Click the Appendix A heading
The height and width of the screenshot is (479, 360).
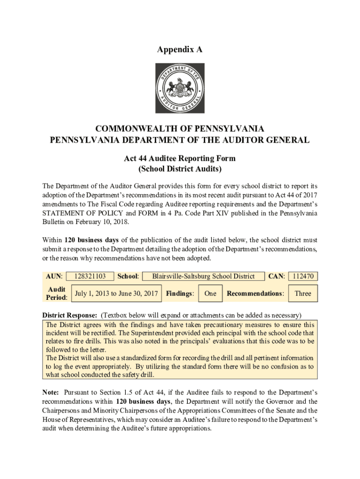(180, 49)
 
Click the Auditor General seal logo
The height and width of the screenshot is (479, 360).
(180, 88)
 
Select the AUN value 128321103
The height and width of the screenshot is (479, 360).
(90, 276)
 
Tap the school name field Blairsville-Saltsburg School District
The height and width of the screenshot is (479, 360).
(203, 276)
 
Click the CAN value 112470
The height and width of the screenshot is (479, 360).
(303, 276)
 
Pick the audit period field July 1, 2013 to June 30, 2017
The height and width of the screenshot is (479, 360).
(116, 294)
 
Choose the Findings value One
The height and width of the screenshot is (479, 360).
(210, 294)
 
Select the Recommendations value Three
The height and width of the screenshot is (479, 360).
(302, 294)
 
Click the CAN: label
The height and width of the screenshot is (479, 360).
(277, 276)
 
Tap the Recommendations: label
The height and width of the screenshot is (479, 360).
(255, 294)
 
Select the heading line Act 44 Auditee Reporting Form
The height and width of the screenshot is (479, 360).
(180, 159)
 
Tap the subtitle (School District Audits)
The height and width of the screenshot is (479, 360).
(180, 168)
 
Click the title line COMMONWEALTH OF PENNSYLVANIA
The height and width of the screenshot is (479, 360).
(180, 129)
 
